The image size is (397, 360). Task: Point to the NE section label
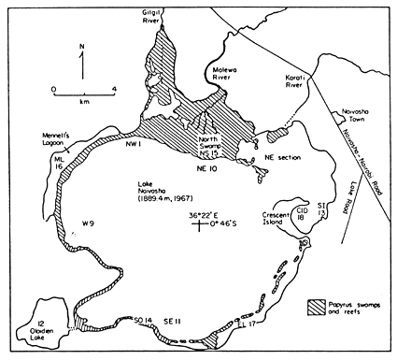pyautogui.click(x=286, y=149)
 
